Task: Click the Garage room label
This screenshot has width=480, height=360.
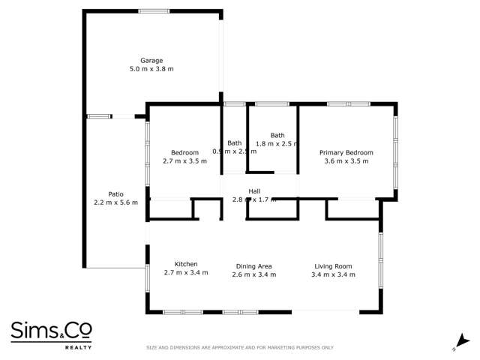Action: point(151,61)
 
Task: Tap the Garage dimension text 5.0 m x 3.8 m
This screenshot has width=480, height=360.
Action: point(151,69)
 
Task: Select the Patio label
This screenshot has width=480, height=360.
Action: point(115,193)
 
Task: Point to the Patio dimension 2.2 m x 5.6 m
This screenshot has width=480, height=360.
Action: point(115,202)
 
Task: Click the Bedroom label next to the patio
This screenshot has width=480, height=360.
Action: point(184,152)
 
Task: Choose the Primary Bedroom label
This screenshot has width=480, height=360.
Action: point(346,152)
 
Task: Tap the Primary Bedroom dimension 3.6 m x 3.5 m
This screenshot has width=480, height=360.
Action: point(346,161)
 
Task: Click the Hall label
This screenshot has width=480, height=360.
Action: point(254,190)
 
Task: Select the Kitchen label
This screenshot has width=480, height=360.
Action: point(186,265)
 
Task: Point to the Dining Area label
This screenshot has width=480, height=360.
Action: point(253,266)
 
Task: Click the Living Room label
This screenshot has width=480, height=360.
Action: point(333,266)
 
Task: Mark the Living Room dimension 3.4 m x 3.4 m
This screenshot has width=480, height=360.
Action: point(333,274)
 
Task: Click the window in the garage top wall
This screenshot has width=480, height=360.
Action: point(154,10)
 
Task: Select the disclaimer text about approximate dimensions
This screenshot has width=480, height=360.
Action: point(239,347)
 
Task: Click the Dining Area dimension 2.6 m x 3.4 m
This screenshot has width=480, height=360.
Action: point(253,274)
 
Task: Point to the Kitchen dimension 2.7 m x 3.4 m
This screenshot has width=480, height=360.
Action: point(186,274)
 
